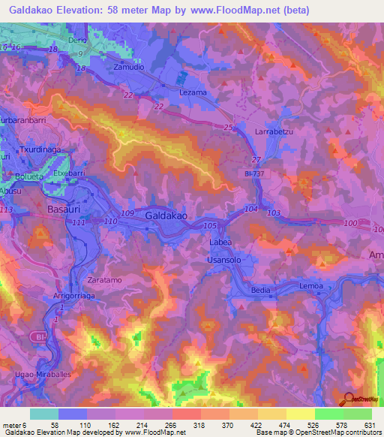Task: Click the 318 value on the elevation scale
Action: click(x=198, y=425)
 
